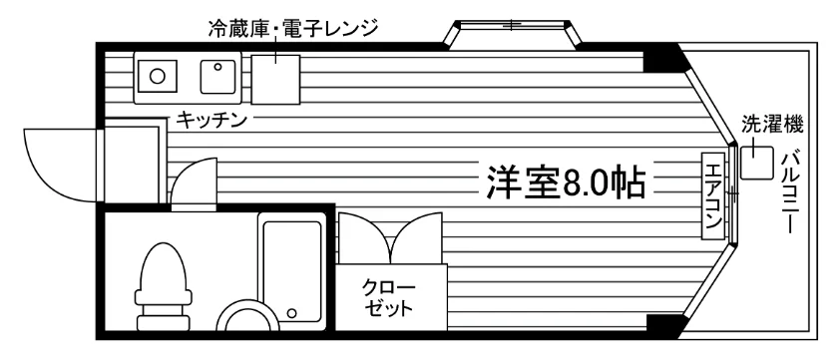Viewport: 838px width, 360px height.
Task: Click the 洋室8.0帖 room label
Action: click(x=566, y=182)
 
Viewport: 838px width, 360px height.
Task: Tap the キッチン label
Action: click(x=211, y=120)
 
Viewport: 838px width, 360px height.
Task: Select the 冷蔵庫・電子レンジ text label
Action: click(x=293, y=27)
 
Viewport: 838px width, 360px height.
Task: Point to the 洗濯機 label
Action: click(x=772, y=125)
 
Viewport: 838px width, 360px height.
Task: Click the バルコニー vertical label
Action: click(x=789, y=193)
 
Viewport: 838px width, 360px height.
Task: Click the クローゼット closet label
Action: click(x=388, y=299)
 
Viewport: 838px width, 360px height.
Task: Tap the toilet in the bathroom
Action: click(x=163, y=286)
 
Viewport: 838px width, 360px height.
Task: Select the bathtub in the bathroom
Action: click(x=291, y=271)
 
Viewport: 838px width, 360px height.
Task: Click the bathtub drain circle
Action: click(x=291, y=312)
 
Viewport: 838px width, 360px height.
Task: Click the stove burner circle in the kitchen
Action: click(x=157, y=77)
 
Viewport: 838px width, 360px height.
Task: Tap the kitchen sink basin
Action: click(x=218, y=77)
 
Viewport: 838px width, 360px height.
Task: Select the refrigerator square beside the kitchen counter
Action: click(x=275, y=79)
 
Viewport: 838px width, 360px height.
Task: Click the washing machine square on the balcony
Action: click(x=756, y=163)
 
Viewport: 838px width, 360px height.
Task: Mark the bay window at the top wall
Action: click(x=512, y=35)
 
